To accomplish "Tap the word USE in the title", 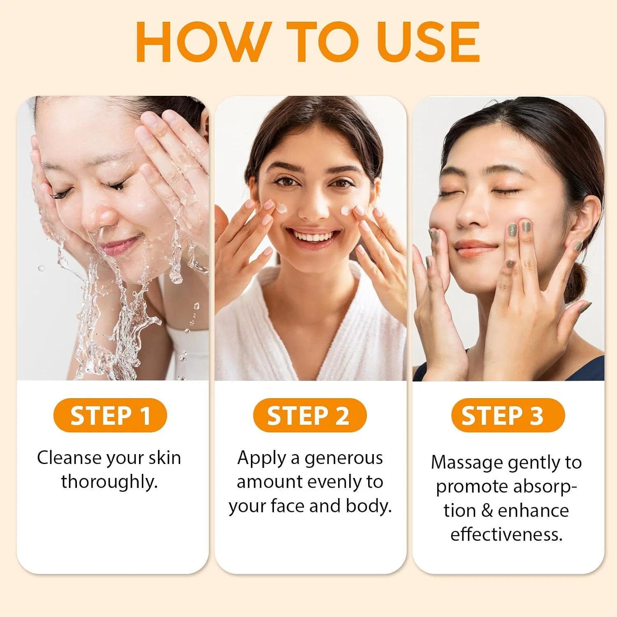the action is [428, 42].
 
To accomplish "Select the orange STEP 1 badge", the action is [110, 415].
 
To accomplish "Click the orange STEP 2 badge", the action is [310, 415].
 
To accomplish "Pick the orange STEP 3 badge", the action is [508, 415].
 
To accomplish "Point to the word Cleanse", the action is [70, 457].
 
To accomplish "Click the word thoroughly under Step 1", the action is [109, 482].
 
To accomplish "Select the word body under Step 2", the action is [369, 506].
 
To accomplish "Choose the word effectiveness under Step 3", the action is [506, 534].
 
